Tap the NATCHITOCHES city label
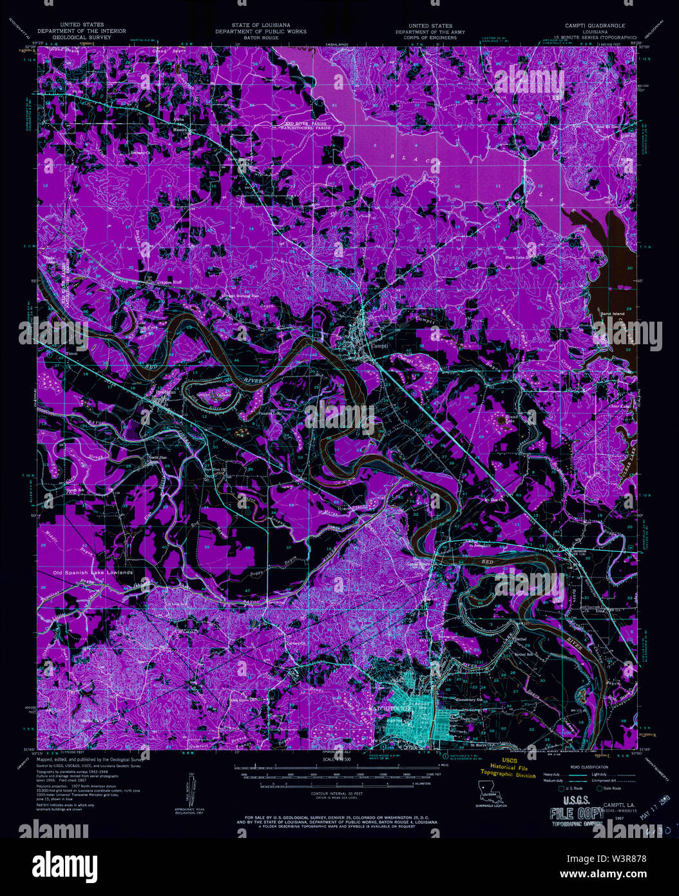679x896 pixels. pyautogui.click(x=389, y=708)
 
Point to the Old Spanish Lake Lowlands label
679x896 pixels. pyautogui.click(x=93, y=572)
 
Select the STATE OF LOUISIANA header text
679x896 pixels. pyautogui.click(x=261, y=26)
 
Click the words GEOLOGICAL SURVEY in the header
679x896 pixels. pyautogui.click(x=81, y=37)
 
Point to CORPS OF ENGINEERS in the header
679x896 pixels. pyautogui.click(x=426, y=37)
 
